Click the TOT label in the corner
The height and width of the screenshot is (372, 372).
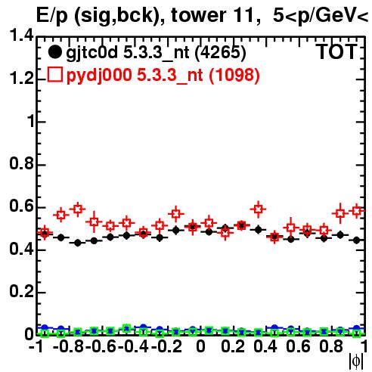(337, 51)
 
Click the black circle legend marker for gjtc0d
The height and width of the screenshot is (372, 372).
(54, 52)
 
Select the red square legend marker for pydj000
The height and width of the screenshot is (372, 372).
(54, 74)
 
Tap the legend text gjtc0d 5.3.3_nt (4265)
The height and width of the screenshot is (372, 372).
(156, 53)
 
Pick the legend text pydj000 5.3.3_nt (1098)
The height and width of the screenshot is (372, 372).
(163, 75)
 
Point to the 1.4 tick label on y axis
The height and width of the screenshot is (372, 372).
(21, 35)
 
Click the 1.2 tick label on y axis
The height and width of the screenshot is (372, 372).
(21, 78)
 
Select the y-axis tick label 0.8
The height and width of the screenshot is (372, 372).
(21, 163)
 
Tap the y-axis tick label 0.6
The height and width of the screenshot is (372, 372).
(21, 206)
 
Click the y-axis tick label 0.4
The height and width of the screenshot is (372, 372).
(21, 249)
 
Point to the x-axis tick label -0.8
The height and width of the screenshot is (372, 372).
(69, 346)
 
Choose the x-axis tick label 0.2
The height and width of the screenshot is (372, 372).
(233, 346)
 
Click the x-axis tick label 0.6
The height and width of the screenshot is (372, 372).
(298, 346)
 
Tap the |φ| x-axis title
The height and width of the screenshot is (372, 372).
(356, 361)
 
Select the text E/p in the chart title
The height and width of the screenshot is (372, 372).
(52, 16)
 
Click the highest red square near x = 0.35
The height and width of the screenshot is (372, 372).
(258, 209)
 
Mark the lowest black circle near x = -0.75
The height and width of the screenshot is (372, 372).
(78, 243)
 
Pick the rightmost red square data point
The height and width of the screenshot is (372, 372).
(357, 210)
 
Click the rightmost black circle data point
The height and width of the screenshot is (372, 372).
(357, 240)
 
